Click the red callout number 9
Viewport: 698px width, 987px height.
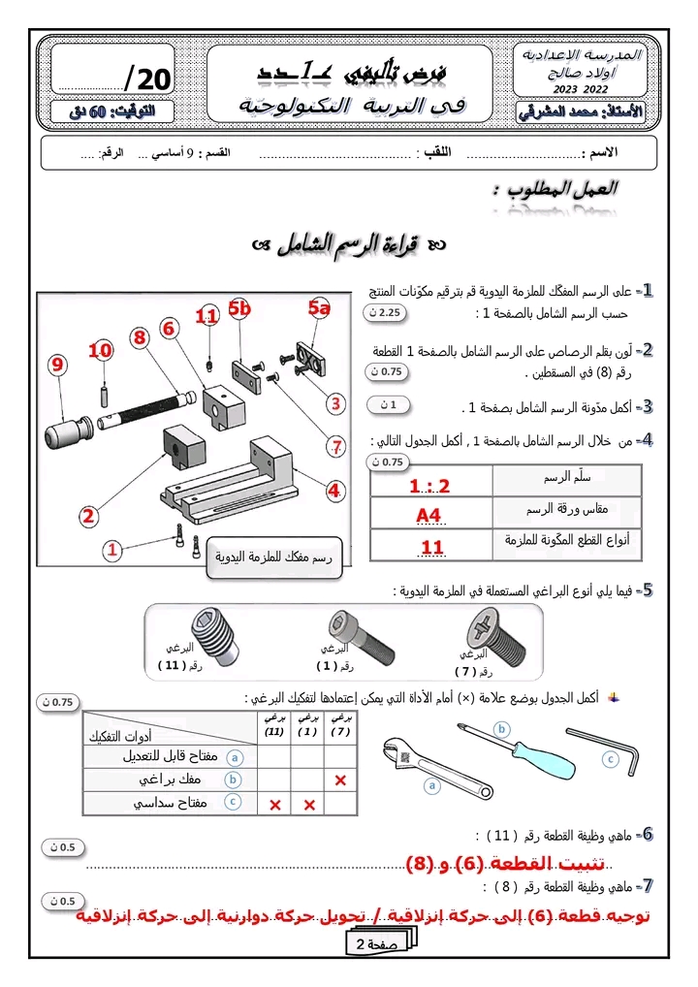coord(58,366)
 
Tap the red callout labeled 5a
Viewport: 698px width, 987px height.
coord(320,309)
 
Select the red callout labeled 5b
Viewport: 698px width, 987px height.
coord(239,309)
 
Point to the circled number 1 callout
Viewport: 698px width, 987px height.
coord(112,550)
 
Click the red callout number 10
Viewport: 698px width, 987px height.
coord(101,351)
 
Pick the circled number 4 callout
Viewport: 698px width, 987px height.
coord(334,491)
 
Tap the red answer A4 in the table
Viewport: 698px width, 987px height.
coord(428,515)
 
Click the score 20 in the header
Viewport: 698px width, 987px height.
coord(147,79)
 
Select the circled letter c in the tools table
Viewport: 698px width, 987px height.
coord(233,802)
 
